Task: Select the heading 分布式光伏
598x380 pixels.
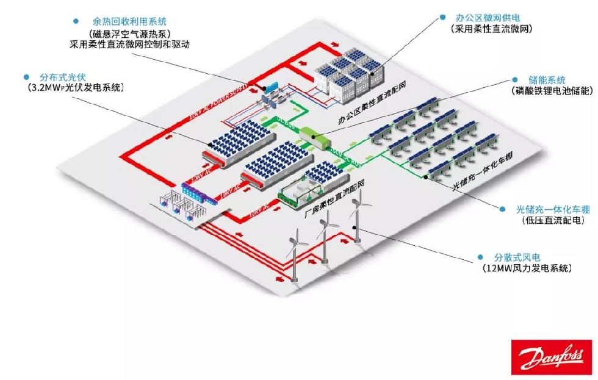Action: click(63, 77)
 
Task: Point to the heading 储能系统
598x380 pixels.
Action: click(547, 80)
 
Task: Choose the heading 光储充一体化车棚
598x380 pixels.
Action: click(548, 209)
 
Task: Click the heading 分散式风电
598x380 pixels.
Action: click(517, 257)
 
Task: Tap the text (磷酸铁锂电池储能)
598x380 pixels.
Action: click(552, 91)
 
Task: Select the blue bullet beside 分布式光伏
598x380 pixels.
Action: click(26, 77)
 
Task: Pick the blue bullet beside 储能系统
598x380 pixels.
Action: click(516, 80)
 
